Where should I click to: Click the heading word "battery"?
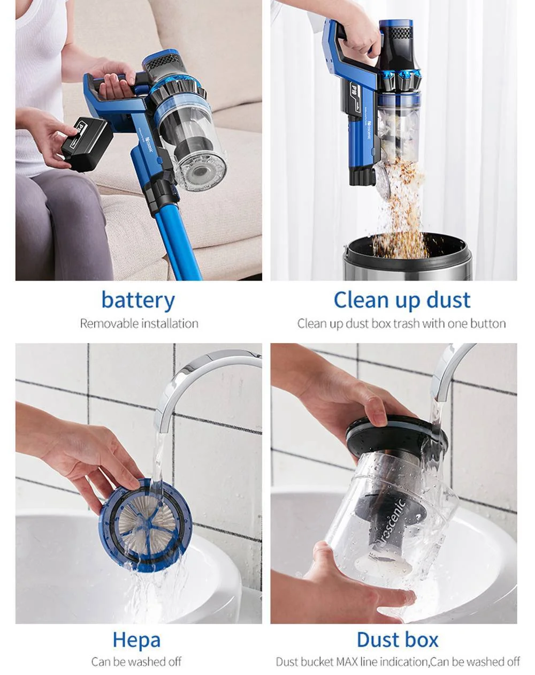click(138, 300)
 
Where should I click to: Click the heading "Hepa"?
click(136, 640)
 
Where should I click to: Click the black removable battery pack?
click(87, 144)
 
